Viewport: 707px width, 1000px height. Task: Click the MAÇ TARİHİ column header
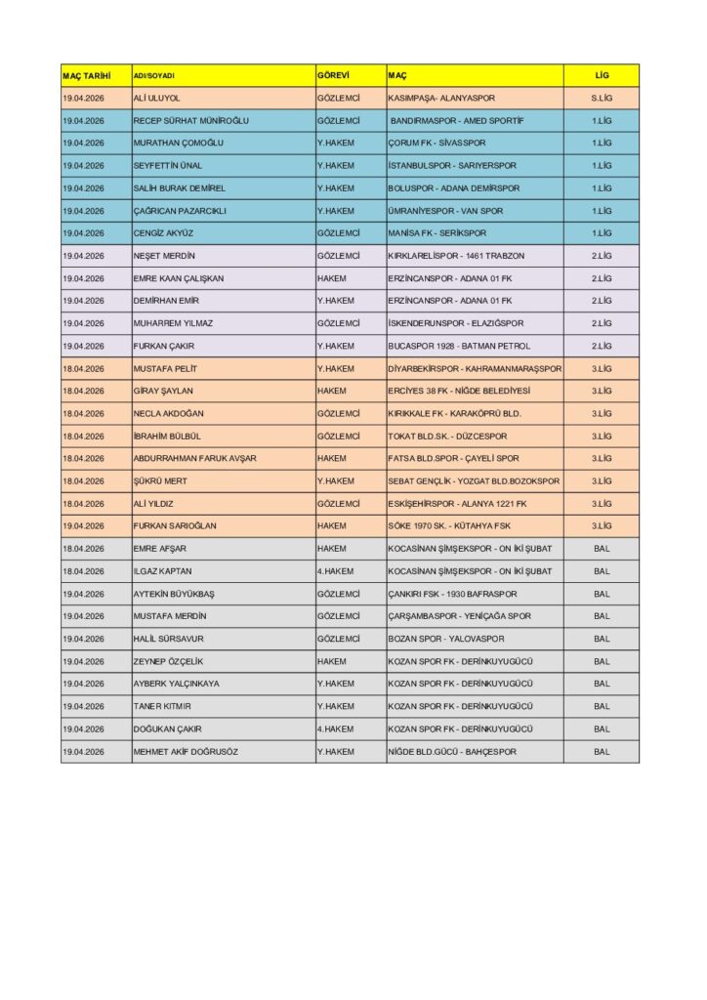(x=86, y=75)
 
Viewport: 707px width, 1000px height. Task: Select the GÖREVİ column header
(x=333, y=75)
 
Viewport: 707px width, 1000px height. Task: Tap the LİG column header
(x=602, y=75)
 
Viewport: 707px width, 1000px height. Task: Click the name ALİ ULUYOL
(x=157, y=99)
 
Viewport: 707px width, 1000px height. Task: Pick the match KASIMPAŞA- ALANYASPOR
(x=444, y=99)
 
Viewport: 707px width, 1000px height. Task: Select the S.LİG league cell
(x=602, y=99)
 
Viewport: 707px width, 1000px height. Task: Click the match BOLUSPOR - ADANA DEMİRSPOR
(x=454, y=188)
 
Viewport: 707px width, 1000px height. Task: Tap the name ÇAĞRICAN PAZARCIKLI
(x=180, y=211)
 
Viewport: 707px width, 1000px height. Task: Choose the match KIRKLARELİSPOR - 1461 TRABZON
(x=456, y=256)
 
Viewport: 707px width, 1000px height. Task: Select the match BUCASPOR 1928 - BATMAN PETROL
(x=459, y=346)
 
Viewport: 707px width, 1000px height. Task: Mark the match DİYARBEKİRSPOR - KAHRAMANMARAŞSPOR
(x=475, y=368)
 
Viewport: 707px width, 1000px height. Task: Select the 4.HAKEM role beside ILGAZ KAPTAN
(x=335, y=571)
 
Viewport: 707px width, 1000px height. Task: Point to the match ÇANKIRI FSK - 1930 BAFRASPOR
(x=452, y=594)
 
